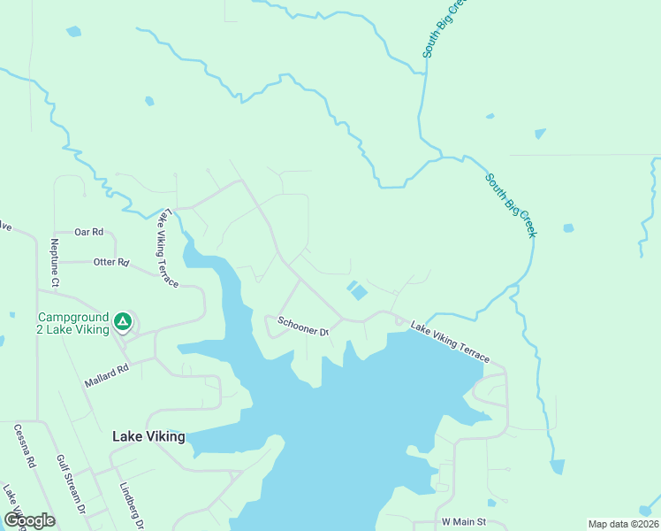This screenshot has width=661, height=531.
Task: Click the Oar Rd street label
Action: (89, 232)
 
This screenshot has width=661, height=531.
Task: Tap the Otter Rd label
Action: (110, 263)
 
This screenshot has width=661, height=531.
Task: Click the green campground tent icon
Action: (124, 322)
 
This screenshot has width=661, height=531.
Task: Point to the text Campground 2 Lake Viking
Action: (72, 323)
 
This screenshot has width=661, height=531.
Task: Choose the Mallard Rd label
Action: (107, 372)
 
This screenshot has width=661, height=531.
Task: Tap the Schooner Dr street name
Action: (303, 326)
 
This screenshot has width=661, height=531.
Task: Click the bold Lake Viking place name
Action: (149, 436)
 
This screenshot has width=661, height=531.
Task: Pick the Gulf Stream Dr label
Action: (70, 485)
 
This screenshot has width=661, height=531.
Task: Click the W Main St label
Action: (464, 522)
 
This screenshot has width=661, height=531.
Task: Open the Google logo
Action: (29, 520)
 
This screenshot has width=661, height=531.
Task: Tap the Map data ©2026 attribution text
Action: (623, 524)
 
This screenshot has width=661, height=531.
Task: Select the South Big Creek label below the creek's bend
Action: (510, 205)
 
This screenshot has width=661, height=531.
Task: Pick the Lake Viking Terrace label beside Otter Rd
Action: (167, 249)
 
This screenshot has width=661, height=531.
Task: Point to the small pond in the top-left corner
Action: (73, 32)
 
